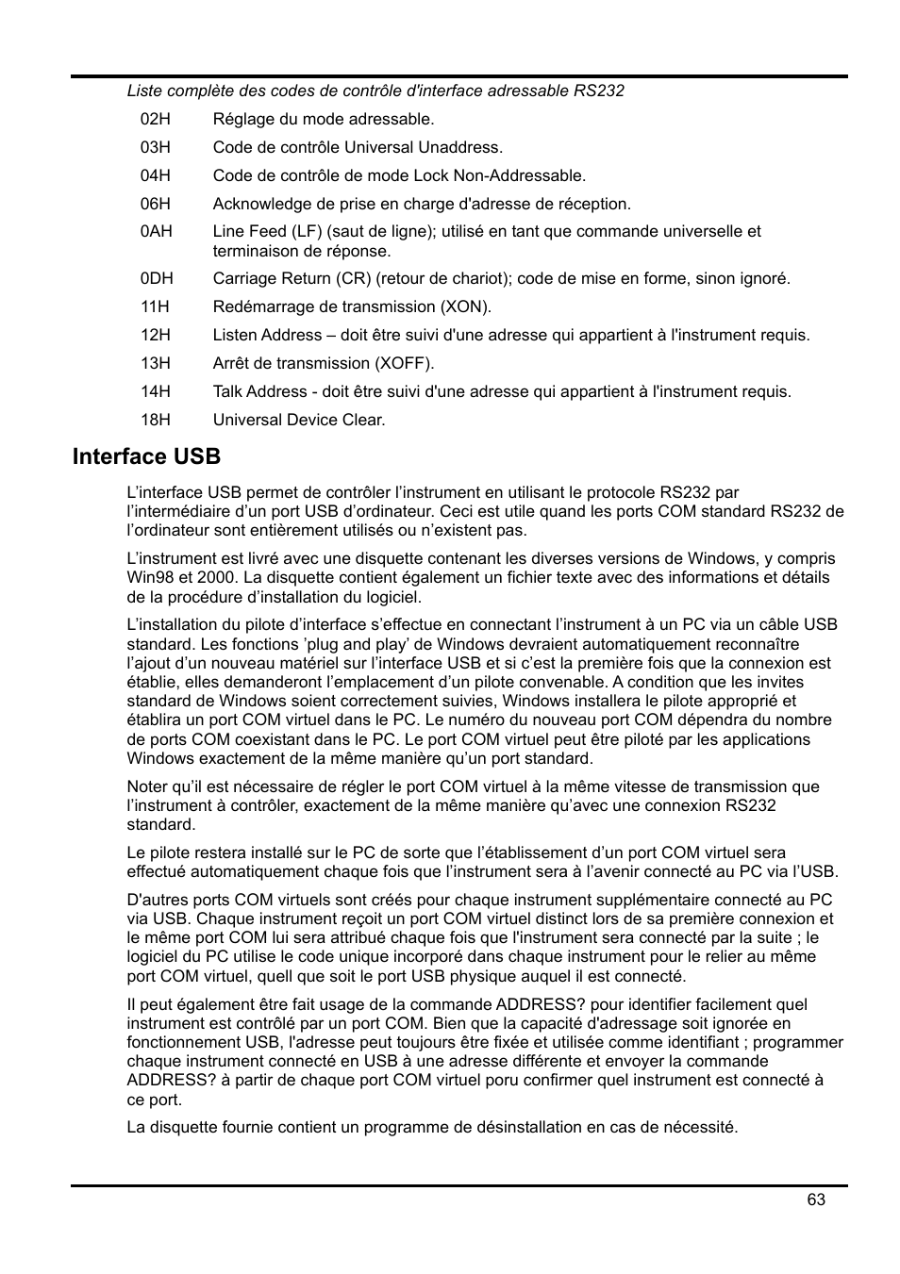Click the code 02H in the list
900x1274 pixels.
pos(156,119)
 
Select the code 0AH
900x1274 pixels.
pos(157,231)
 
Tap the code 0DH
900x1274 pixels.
pos(157,278)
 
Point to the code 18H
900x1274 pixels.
pos(156,420)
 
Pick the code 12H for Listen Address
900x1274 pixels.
pos(156,335)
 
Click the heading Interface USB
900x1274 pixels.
pos(146,456)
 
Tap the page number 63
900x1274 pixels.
pos(816,1199)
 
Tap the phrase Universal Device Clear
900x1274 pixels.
pos(299,420)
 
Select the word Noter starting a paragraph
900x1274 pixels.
pos(148,786)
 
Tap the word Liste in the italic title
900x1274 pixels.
pos(144,91)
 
